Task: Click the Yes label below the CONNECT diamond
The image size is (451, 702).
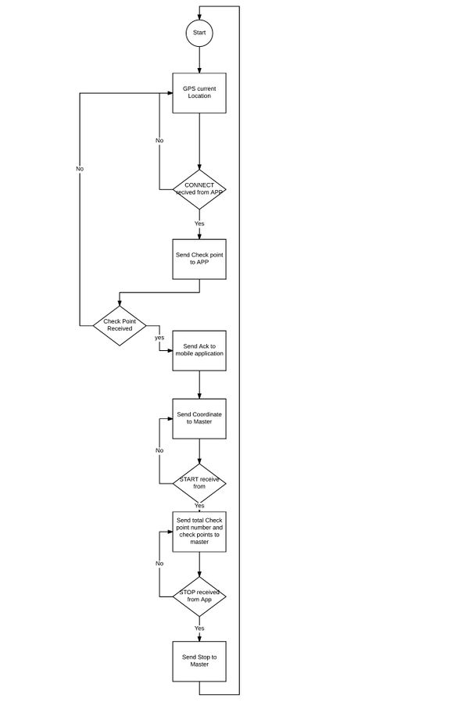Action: point(199,224)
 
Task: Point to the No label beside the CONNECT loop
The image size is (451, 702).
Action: point(159,141)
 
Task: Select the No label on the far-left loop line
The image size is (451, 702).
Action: point(80,169)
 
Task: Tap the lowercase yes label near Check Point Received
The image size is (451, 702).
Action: point(159,338)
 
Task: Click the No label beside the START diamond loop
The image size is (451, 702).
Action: point(159,450)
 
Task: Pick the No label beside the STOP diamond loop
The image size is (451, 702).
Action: point(159,563)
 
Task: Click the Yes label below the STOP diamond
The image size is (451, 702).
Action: point(199,629)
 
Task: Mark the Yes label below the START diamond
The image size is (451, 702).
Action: point(199,506)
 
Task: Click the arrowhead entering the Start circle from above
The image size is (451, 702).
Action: point(199,16)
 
